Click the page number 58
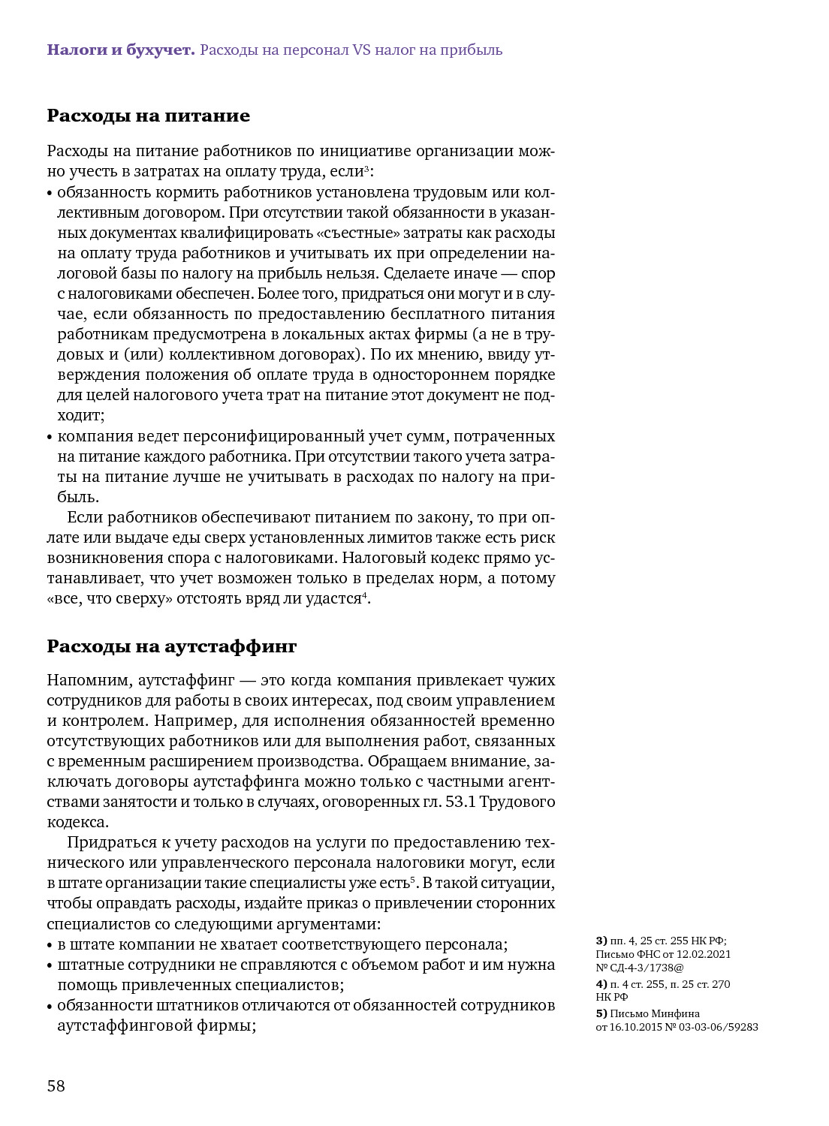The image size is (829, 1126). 56,1086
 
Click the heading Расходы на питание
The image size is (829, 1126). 148,116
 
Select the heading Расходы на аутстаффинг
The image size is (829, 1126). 172,646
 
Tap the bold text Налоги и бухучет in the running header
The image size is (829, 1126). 121,50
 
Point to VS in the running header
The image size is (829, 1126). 361,50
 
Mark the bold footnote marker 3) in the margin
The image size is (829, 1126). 601,941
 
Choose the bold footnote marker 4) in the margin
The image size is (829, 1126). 601,984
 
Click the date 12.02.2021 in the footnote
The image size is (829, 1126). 704,954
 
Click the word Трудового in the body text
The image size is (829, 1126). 517,802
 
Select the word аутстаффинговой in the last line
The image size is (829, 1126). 124,1025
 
